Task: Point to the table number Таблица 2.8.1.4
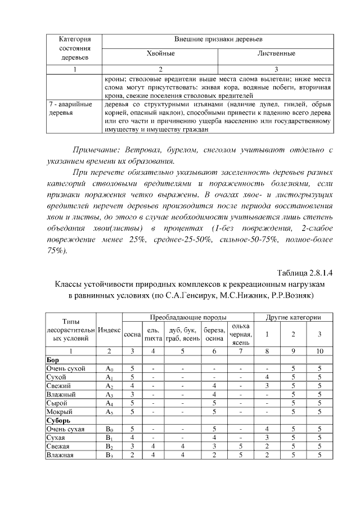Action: click(305, 273)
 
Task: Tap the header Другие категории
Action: click(293, 317)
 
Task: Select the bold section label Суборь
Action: click(58, 420)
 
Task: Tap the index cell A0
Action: click(109, 369)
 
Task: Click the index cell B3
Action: click(109, 455)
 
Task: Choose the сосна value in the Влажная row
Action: click(132, 455)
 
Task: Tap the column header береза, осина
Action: click(214, 334)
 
